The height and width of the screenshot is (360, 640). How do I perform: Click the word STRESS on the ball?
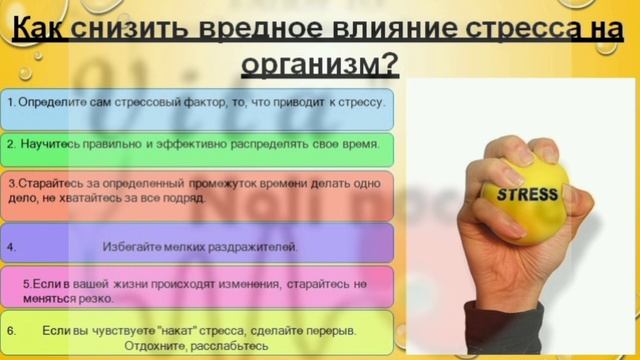527,194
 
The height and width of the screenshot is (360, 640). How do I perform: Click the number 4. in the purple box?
11,246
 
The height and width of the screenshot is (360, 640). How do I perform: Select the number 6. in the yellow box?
11,329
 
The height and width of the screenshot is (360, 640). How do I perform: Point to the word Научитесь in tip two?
50,144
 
